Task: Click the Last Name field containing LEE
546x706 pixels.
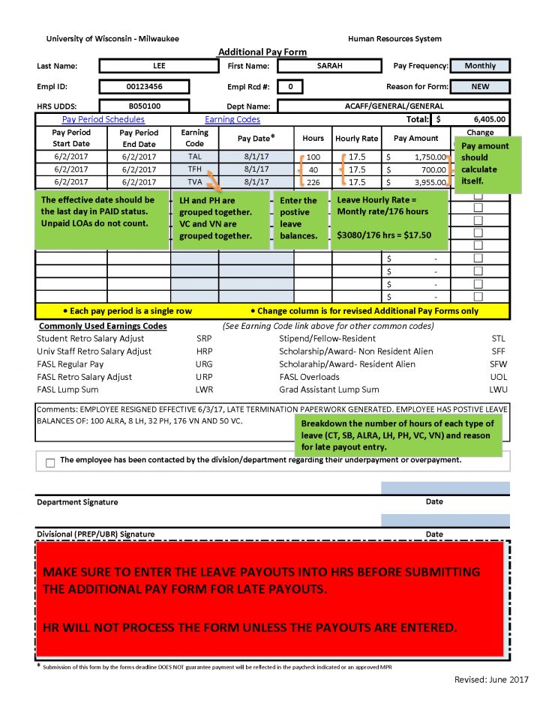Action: coord(158,66)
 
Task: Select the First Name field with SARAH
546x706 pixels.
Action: coord(329,66)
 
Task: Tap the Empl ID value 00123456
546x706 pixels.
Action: coord(144,87)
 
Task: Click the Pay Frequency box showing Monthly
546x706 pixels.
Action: coord(480,66)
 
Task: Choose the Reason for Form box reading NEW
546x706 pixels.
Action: coord(480,87)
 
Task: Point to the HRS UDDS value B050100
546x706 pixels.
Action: coord(144,106)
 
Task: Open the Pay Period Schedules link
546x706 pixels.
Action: coord(103,119)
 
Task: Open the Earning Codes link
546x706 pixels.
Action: coord(232,119)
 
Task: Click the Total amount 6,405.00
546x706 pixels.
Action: coord(490,119)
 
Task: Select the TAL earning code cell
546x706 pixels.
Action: coord(195,157)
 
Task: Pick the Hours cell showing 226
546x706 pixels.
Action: coord(313,181)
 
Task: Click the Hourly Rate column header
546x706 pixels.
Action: coord(356,139)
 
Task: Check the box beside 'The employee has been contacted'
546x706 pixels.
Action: coord(50,462)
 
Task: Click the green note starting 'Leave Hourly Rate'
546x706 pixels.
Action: coord(391,217)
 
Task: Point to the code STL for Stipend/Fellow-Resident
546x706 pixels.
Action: coord(498,338)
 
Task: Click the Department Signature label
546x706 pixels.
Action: coord(77,502)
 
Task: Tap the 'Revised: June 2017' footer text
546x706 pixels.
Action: coord(490,679)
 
